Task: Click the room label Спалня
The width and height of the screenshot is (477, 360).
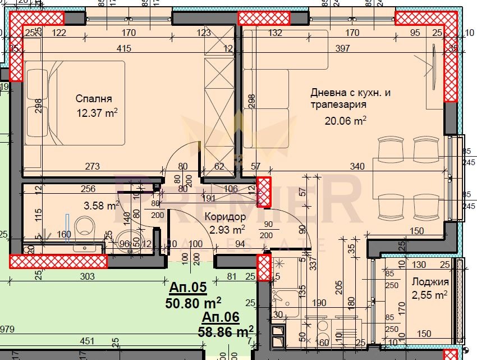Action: pos(94,99)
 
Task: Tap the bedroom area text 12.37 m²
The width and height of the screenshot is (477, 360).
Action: pos(97,113)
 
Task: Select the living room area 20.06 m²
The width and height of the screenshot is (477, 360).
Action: pos(346,120)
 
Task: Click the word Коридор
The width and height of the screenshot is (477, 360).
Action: pos(225,216)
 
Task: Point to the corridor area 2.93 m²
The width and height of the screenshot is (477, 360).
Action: pos(227,229)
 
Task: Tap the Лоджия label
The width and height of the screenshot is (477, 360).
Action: pos(429,282)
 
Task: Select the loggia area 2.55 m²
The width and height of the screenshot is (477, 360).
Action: pos(429,294)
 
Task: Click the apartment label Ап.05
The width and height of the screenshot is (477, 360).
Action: pos(187,288)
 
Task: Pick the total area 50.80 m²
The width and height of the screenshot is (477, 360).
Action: pos(193,304)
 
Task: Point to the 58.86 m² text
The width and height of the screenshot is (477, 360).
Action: pos(226,331)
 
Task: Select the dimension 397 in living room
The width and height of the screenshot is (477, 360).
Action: pos(342,49)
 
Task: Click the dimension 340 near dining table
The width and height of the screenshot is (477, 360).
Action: pos(357,166)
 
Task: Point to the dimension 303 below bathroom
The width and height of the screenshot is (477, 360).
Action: pos(87,276)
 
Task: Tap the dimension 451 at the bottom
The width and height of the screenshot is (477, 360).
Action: pos(87,340)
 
